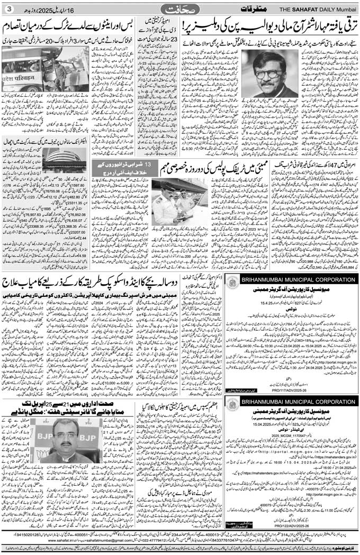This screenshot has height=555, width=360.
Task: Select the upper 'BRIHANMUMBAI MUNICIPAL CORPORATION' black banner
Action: click(296, 278)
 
